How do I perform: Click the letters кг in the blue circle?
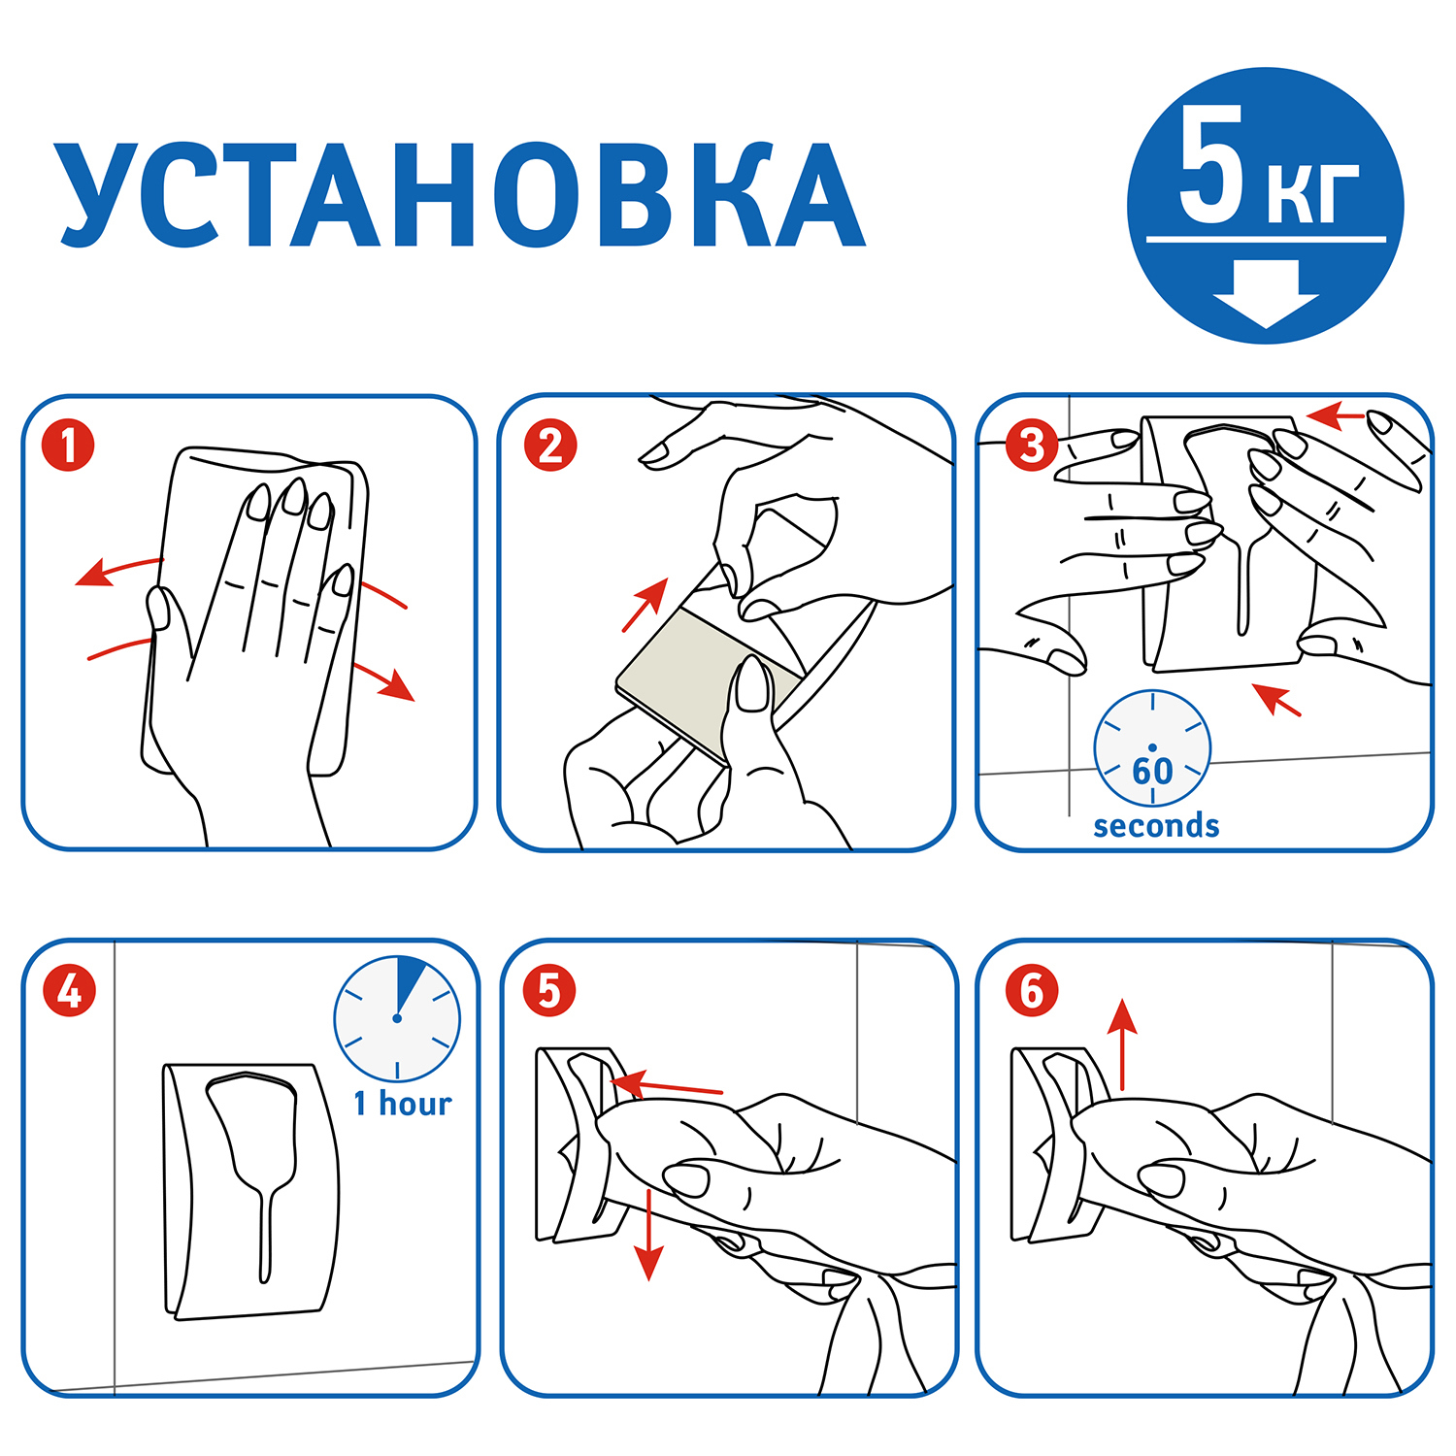pyautogui.click(x=1312, y=191)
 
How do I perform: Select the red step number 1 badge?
pyautogui.click(x=68, y=446)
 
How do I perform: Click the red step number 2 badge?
pyautogui.click(x=550, y=446)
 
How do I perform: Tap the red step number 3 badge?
pyautogui.click(x=1031, y=446)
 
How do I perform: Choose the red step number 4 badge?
pyautogui.click(x=69, y=991)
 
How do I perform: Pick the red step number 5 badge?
pyautogui.click(x=549, y=991)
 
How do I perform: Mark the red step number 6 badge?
pyautogui.click(x=1031, y=991)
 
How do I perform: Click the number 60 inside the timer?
pyautogui.click(x=1152, y=772)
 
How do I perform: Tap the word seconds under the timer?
pyautogui.click(x=1155, y=826)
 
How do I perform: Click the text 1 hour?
pyautogui.click(x=402, y=1104)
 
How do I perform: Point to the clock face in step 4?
pyautogui.click(x=397, y=1018)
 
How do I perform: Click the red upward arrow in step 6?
pyautogui.click(x=1122, y=1043)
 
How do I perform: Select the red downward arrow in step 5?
pyautogui.click(x=647, y=1238)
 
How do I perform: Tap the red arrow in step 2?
pyautogui.click(x=645, y=604)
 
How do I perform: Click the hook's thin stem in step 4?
pyautogui.click(x=264, y=1233)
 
